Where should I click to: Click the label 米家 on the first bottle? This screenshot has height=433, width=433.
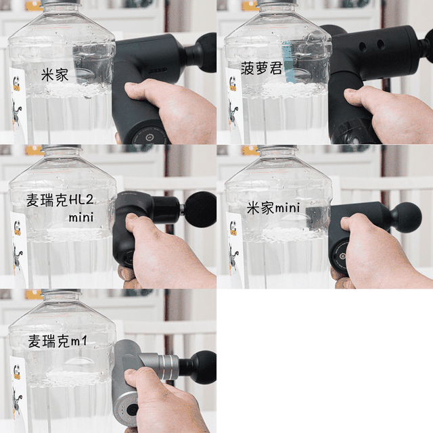coord(55,74)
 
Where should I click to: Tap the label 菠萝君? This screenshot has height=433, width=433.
coord(261,68)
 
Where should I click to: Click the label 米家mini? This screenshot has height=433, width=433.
coord(273,208)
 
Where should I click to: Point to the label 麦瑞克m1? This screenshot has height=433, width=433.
coord(58,341)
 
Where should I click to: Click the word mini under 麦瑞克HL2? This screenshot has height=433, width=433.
coord(81,218)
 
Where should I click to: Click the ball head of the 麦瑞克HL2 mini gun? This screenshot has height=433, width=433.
coord(201,209)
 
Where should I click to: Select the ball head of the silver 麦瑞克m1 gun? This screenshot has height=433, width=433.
coord(204,367)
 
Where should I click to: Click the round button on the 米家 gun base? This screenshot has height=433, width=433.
coord(150,137)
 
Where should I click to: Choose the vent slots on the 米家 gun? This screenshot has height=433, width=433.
coord(158,70)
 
